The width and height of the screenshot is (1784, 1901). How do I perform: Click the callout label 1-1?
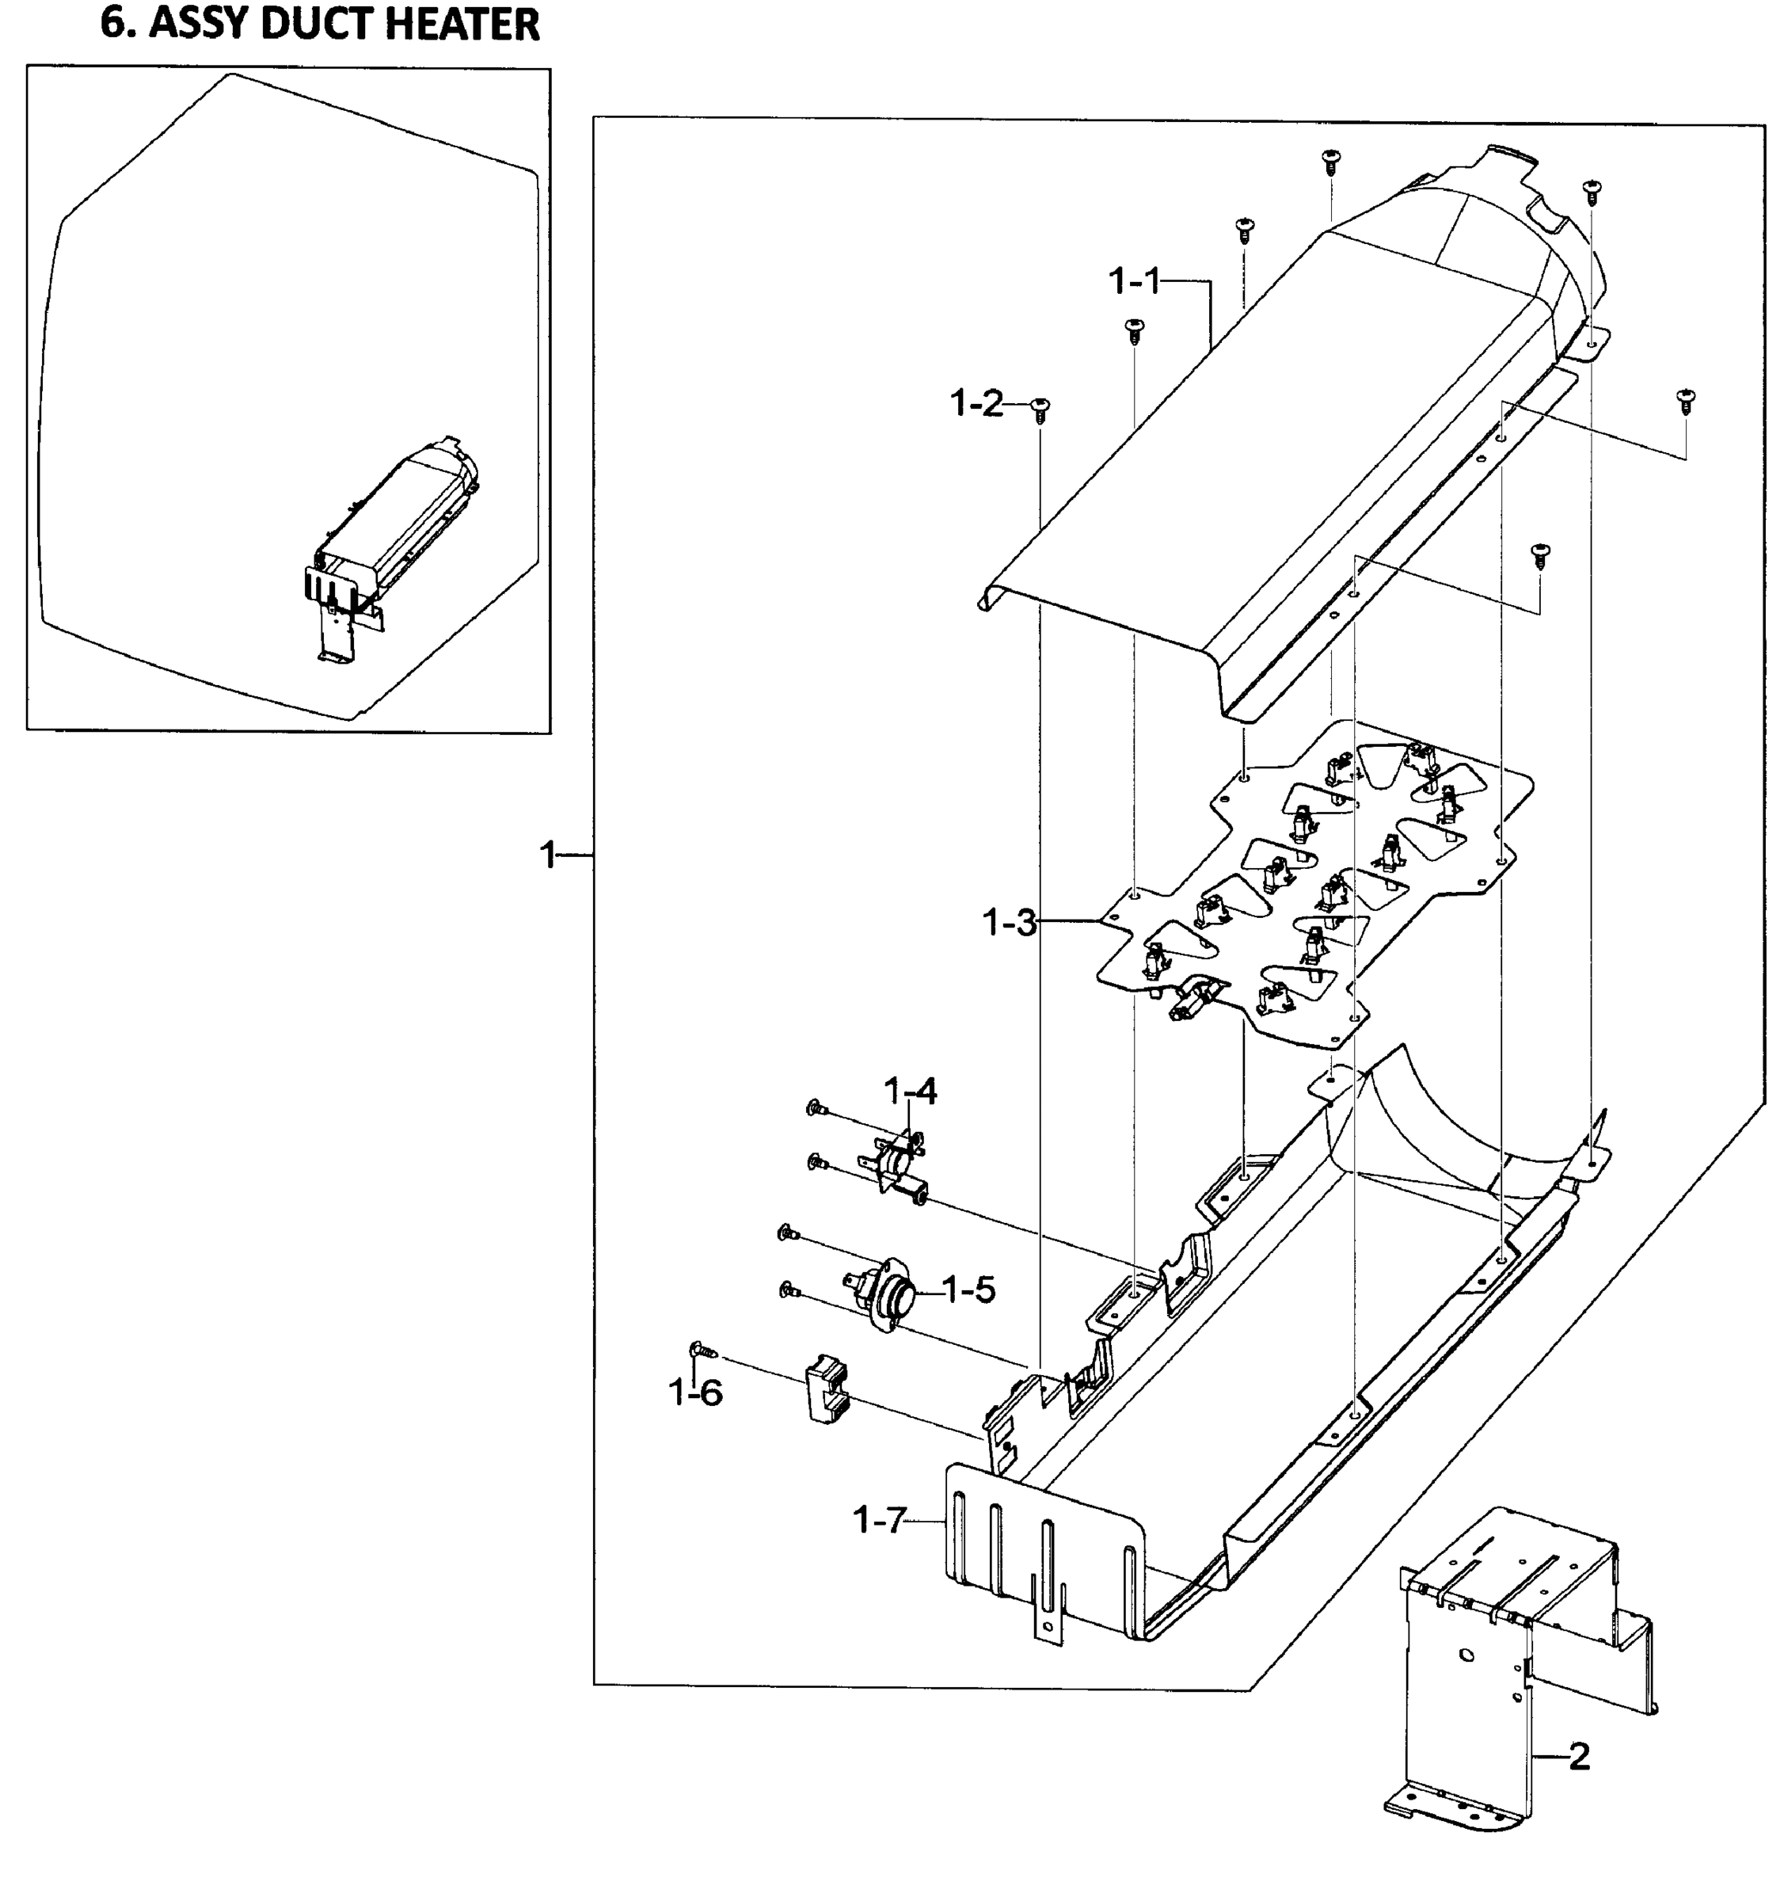(1134, 282)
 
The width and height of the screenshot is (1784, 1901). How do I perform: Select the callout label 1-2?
(976, 405)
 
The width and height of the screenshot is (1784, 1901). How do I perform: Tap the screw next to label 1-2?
(1040, 410)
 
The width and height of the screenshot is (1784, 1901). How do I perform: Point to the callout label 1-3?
(1009, 923)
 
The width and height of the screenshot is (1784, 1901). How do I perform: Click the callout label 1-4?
(910, 1091)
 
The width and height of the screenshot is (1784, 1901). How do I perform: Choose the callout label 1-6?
(696, 1393)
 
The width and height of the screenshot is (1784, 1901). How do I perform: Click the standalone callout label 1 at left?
(548, 855)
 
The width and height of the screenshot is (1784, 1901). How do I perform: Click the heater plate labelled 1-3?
(1319, 890)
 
